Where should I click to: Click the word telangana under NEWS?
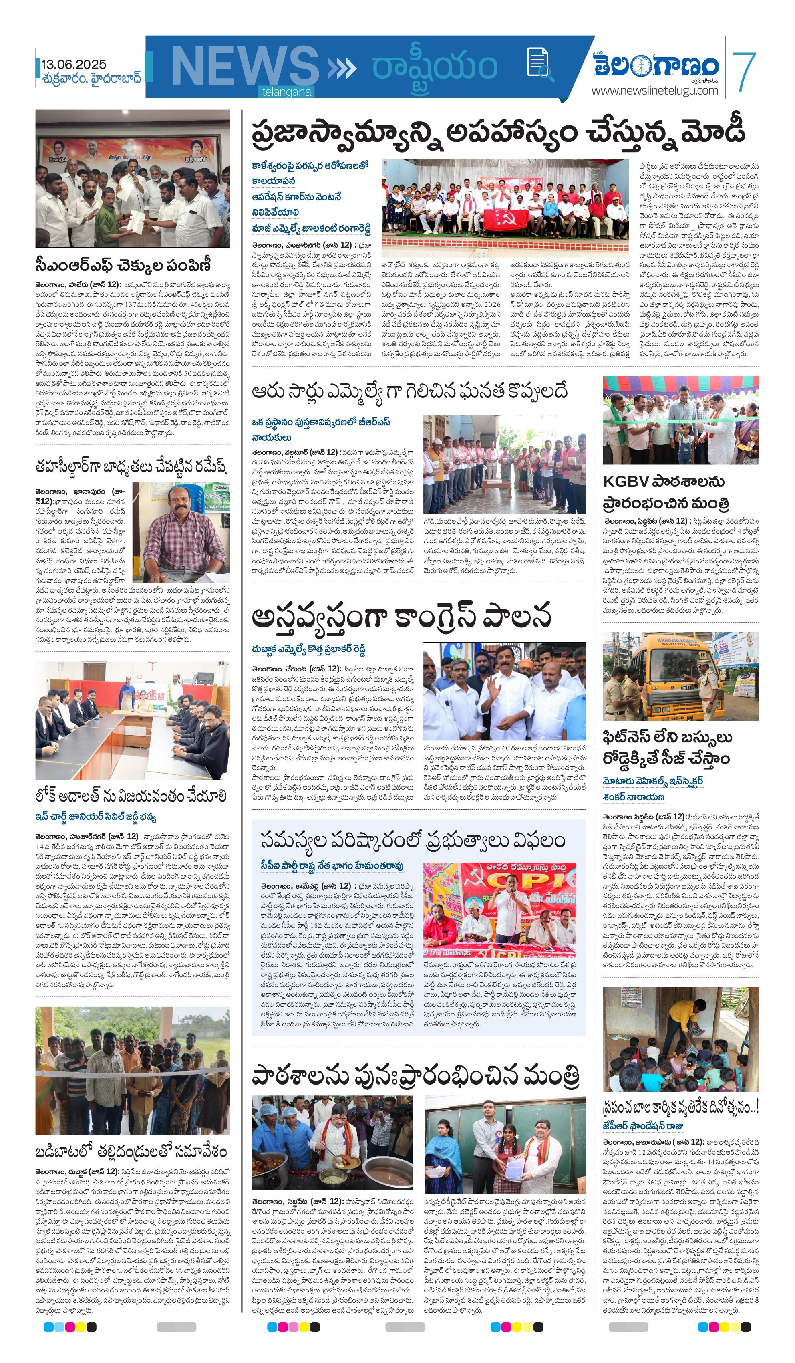click(x=287, y=92)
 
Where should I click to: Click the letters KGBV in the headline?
click(x=623, y=482)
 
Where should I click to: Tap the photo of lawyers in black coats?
click(x=133, y=720)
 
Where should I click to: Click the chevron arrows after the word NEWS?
click(x=342, y=68)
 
